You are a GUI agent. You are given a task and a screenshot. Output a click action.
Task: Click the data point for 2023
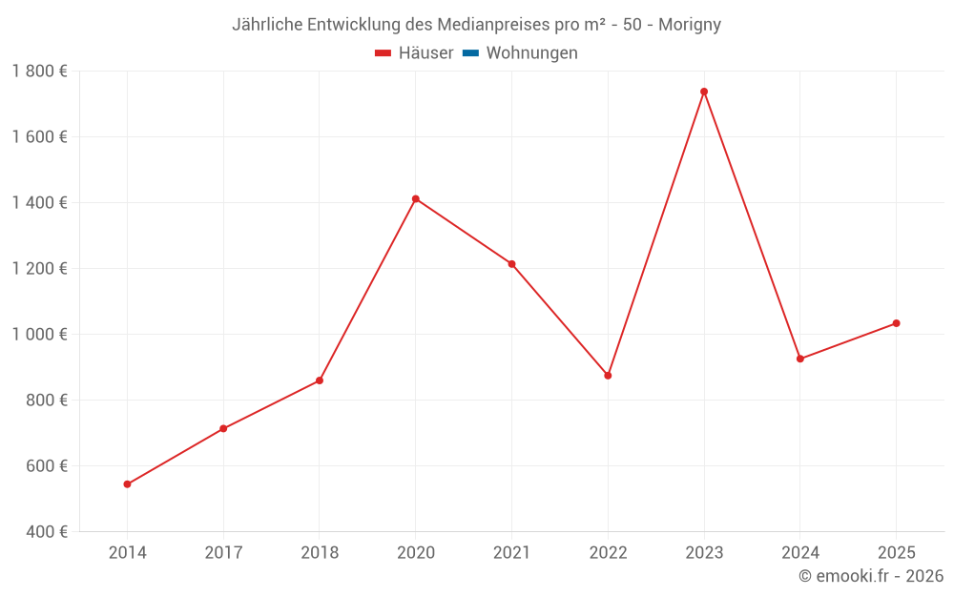(x=704, y=92)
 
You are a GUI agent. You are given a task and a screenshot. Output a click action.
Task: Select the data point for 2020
(x=416, y=199)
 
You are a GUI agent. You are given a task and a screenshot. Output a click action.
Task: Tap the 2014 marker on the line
(x=127, y=484)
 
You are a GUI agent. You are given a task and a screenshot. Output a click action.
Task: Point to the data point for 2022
(x=608, y=376)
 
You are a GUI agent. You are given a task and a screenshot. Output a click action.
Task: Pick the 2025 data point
(x=896, y=323)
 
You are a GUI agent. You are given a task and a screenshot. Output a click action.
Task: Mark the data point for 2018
(x=320, y=380)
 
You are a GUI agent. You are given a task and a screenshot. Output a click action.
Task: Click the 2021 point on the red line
(x=511, y=264)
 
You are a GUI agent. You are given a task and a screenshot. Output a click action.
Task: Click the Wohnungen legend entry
(x=531, y=53)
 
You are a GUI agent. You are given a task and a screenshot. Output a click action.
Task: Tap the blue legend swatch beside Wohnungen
(x=470, y=53)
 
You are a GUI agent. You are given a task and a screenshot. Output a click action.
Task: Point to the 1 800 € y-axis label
(x=39, y=71)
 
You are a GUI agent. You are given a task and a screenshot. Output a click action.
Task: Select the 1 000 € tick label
(x=39, y=334)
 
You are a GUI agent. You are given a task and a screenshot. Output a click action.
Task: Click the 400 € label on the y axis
(x=47, y=531)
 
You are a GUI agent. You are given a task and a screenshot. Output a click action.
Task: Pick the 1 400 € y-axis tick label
(x=39, y=202)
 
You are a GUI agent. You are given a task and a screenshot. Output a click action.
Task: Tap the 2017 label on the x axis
(x=223, y=553)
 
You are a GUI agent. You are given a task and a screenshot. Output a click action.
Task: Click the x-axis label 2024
(x=799, y=553)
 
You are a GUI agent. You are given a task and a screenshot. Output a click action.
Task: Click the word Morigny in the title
(x=690, y=25)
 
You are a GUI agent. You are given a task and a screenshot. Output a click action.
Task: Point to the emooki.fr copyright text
(x=870, y=576)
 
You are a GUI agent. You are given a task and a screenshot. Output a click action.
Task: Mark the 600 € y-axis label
(x=47, y=465)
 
